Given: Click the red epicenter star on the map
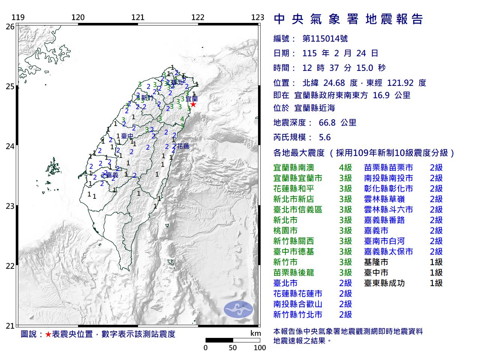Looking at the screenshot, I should click(193, 104).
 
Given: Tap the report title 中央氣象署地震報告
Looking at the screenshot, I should click(348, 19).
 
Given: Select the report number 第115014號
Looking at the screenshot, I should click(325, 39).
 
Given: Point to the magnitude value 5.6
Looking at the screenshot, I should click(325, 137).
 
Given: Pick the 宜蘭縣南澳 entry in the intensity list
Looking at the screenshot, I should click(294, 168).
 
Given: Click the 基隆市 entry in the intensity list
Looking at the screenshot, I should click(376, 262).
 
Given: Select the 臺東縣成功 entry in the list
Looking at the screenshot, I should click(384, 283).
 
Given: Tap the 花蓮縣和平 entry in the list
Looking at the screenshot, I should click(294, 189).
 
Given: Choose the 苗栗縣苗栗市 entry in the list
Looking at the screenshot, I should click(388, 168).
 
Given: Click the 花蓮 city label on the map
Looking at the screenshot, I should click(183, 146).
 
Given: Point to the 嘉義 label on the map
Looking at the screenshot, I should click(112, 175).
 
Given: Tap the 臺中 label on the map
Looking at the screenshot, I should click(127, 136).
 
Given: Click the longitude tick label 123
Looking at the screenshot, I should click(258, 17).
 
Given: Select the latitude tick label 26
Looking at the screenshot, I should click(10, 27).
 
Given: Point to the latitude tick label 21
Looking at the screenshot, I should click(10, 326).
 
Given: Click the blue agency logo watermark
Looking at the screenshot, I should click(238, 309).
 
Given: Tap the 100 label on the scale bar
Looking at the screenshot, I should click(259, 348).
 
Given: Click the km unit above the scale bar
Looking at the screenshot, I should click(255, 333).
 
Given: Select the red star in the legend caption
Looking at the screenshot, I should click(48, 334).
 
